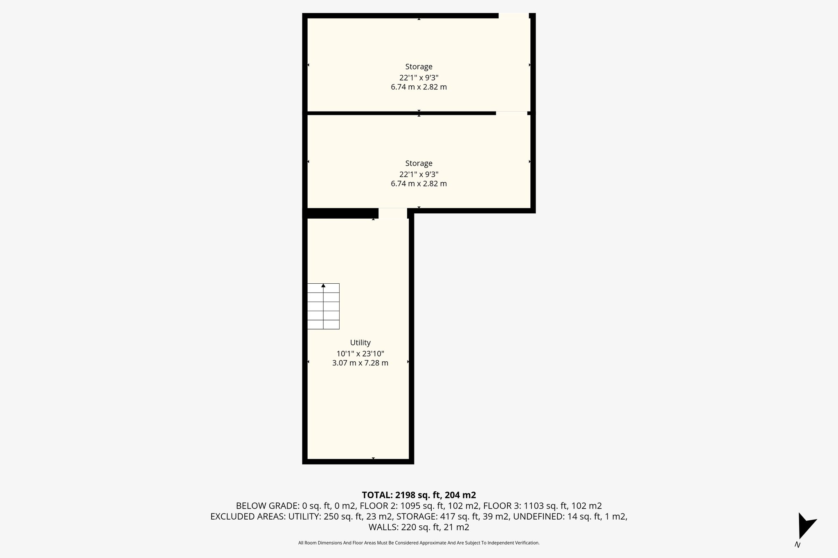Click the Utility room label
click(360, 343)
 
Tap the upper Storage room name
click(419, 67)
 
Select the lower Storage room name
click(419, 164)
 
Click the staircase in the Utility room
click(323, 307)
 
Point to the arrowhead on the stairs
click(323, 285)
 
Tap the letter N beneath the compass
click(797, 545)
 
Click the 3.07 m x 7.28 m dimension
click(360, 363)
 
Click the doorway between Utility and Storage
click(392, 213)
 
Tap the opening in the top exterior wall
click(514, 16)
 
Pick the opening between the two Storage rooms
click(511, 113)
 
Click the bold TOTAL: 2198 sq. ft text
click(419, 495)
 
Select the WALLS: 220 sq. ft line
click(419, 527)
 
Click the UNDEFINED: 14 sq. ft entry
click(570, 517)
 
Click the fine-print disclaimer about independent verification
click(419, 543)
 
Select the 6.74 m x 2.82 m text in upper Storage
click(419, 87)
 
